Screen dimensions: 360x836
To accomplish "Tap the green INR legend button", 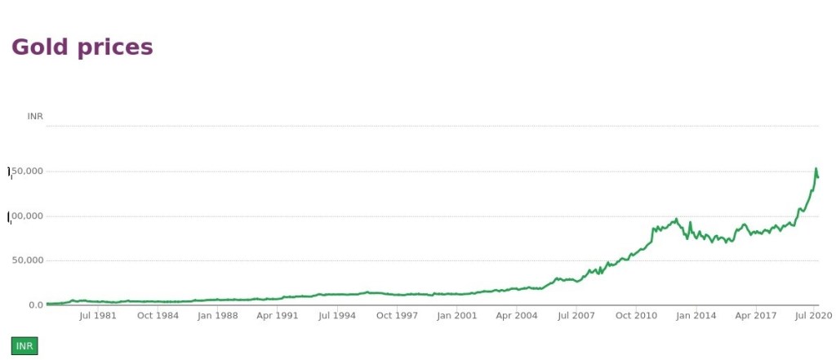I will [x=24, y=346].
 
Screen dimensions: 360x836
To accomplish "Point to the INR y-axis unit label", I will [x=35, y=117].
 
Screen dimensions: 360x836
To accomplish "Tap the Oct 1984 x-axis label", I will [x=157, y=315].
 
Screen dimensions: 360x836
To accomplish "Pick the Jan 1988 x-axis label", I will [x=217, y=315].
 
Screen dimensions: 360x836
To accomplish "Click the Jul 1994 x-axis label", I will [x=336, y=315].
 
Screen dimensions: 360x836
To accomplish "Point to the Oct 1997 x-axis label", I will [x=396, y=315].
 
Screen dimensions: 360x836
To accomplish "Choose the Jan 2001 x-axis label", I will [x=456, y=315].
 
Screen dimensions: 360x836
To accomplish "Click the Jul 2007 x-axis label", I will [x=576, y=315].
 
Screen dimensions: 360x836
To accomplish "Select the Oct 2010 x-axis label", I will [x=636, y=315].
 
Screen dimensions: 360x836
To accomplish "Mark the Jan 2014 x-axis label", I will [x=696, y=315].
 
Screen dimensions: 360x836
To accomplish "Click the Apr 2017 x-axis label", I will [x=755, y=315].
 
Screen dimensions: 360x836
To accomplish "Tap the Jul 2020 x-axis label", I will [x=813, y=315].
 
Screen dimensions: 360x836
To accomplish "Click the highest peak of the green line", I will [x=816, y=169].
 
